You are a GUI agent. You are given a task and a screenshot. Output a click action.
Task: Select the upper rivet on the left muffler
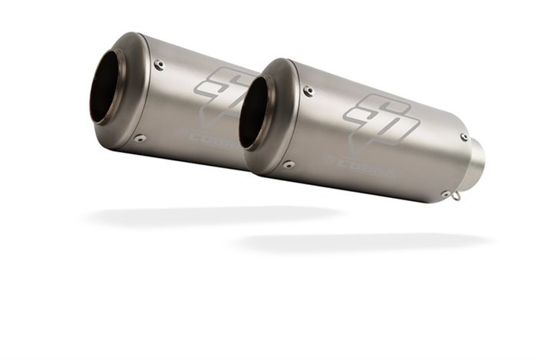click(158, 64)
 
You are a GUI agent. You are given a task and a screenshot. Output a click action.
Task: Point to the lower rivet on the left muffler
click(140, 139)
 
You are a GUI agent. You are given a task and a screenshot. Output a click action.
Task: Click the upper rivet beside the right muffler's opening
click(308, 91)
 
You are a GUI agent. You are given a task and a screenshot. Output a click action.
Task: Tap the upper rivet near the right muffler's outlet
click(463, 137)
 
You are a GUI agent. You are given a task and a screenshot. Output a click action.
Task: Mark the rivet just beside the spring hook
click(444, 194)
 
